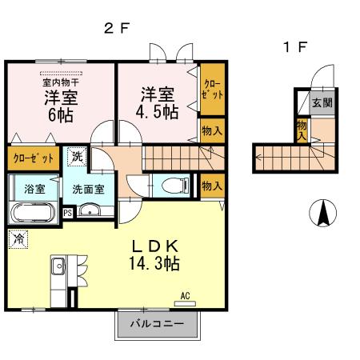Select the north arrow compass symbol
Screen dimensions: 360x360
[323, 213]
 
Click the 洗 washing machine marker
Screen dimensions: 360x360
[76, 156]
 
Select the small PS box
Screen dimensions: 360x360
[68, 213]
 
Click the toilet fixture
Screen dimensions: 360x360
[171, 185]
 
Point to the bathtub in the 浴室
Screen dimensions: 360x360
[32, 212]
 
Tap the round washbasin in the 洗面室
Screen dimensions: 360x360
[89, 212]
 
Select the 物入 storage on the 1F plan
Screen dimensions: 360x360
[301, 130]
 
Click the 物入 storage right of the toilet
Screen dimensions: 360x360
[211, 186]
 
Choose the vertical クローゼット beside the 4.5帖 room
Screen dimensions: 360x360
[212, 89]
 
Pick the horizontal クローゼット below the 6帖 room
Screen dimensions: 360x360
[33, 158]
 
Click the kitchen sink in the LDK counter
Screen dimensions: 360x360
[58, 267]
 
